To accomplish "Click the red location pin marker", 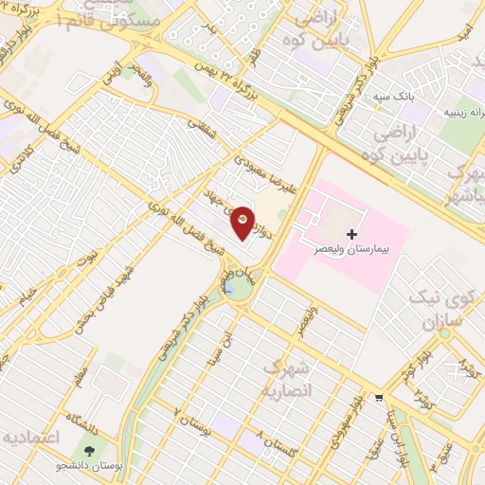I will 243,221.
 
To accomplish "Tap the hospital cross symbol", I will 352,233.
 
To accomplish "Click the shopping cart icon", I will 380,397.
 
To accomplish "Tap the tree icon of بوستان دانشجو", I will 90,452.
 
